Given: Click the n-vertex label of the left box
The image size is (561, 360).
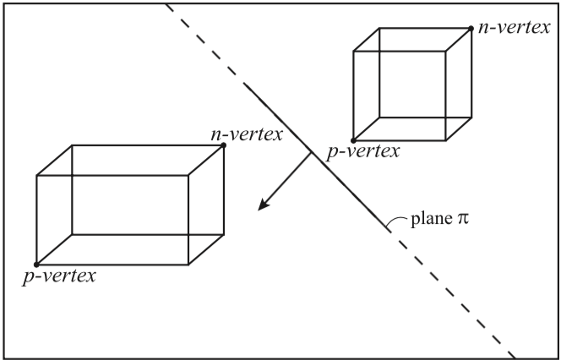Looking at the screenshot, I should click(248, 134).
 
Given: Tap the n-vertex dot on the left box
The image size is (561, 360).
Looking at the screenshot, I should click(224, 145).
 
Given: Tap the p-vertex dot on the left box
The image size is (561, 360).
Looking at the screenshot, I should click(36, 265).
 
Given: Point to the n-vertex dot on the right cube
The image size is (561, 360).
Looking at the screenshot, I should click(471, 28).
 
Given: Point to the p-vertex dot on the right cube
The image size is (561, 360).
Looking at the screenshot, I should click(353, 140).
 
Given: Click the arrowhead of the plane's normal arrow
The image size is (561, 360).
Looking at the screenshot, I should click(264, 205).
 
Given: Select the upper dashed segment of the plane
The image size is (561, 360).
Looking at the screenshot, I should click(203, 42).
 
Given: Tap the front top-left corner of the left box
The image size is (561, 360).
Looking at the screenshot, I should click(36, 176).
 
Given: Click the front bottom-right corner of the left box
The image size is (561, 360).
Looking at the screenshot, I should click(188, 265).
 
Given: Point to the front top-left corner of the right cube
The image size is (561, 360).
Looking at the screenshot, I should click(353, 52).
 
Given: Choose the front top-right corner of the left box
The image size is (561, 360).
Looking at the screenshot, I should click(188, 176).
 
